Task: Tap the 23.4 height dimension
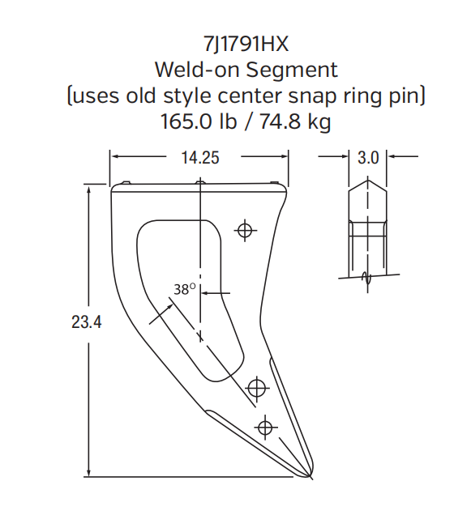pos(86,322)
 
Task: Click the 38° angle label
pos(186,288)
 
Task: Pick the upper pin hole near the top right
pos(245,230)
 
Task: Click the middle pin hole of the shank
pos(257,389)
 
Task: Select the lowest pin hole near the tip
pos(265,426)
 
